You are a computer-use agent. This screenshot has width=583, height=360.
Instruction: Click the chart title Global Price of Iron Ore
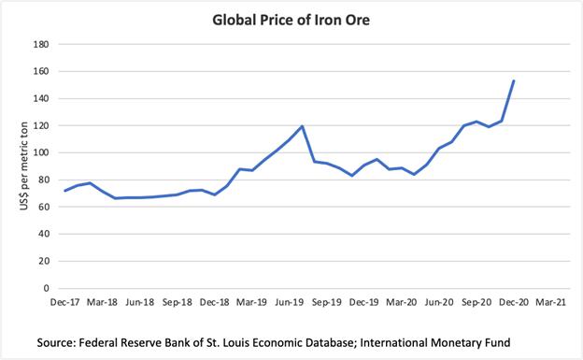point(291,20)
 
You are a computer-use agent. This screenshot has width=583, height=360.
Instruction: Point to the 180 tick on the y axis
point(41,44)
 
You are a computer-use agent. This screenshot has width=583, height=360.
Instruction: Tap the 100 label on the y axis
point(41,152)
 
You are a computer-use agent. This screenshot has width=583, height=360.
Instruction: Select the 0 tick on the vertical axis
point(46,288)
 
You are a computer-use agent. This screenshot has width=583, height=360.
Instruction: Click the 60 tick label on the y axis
point(44,207)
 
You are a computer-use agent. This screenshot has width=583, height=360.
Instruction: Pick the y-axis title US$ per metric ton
point(23,166)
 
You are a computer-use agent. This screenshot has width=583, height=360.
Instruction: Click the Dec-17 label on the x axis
point(65,302)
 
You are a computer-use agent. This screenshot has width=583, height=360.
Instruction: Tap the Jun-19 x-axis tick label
point(290,302)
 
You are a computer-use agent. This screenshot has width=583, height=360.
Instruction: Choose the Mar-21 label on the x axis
point(550,302)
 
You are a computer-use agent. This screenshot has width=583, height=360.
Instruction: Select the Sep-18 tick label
point(177,302)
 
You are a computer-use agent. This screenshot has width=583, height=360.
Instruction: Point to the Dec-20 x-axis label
point(514,302)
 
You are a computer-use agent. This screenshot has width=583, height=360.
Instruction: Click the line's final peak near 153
point(514,80)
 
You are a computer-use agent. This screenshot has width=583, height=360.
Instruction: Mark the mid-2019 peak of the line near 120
point(302,126)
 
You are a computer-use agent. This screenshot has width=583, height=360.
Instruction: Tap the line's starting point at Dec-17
point(65,191)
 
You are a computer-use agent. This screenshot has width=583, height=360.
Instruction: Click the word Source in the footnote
point(55,342)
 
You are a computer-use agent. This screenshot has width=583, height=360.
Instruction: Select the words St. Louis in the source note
point(225,342)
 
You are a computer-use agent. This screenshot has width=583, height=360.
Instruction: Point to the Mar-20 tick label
point(402,302)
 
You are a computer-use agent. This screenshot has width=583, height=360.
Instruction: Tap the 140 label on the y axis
point(41,99)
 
